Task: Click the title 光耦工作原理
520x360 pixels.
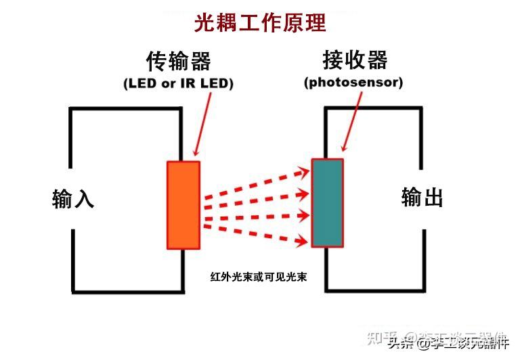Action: tap(260, 22)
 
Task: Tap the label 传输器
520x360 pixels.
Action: tap(179, 61)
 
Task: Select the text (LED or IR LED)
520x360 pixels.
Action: tap(179, 84)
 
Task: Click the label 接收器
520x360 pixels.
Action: tap(355, 61)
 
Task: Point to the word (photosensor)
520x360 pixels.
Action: tap(353, 83)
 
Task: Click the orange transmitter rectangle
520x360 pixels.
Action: tap(183, 205)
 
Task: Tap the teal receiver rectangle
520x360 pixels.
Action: tap(327, 203)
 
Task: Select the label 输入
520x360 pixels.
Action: tap(73, 199)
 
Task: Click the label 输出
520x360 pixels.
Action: tap(422, 198)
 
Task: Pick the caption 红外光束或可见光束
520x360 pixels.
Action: tap(259, 277)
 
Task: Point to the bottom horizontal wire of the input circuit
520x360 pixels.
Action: tap(128, 292)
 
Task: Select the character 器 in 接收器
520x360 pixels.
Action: tap(376, 61)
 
